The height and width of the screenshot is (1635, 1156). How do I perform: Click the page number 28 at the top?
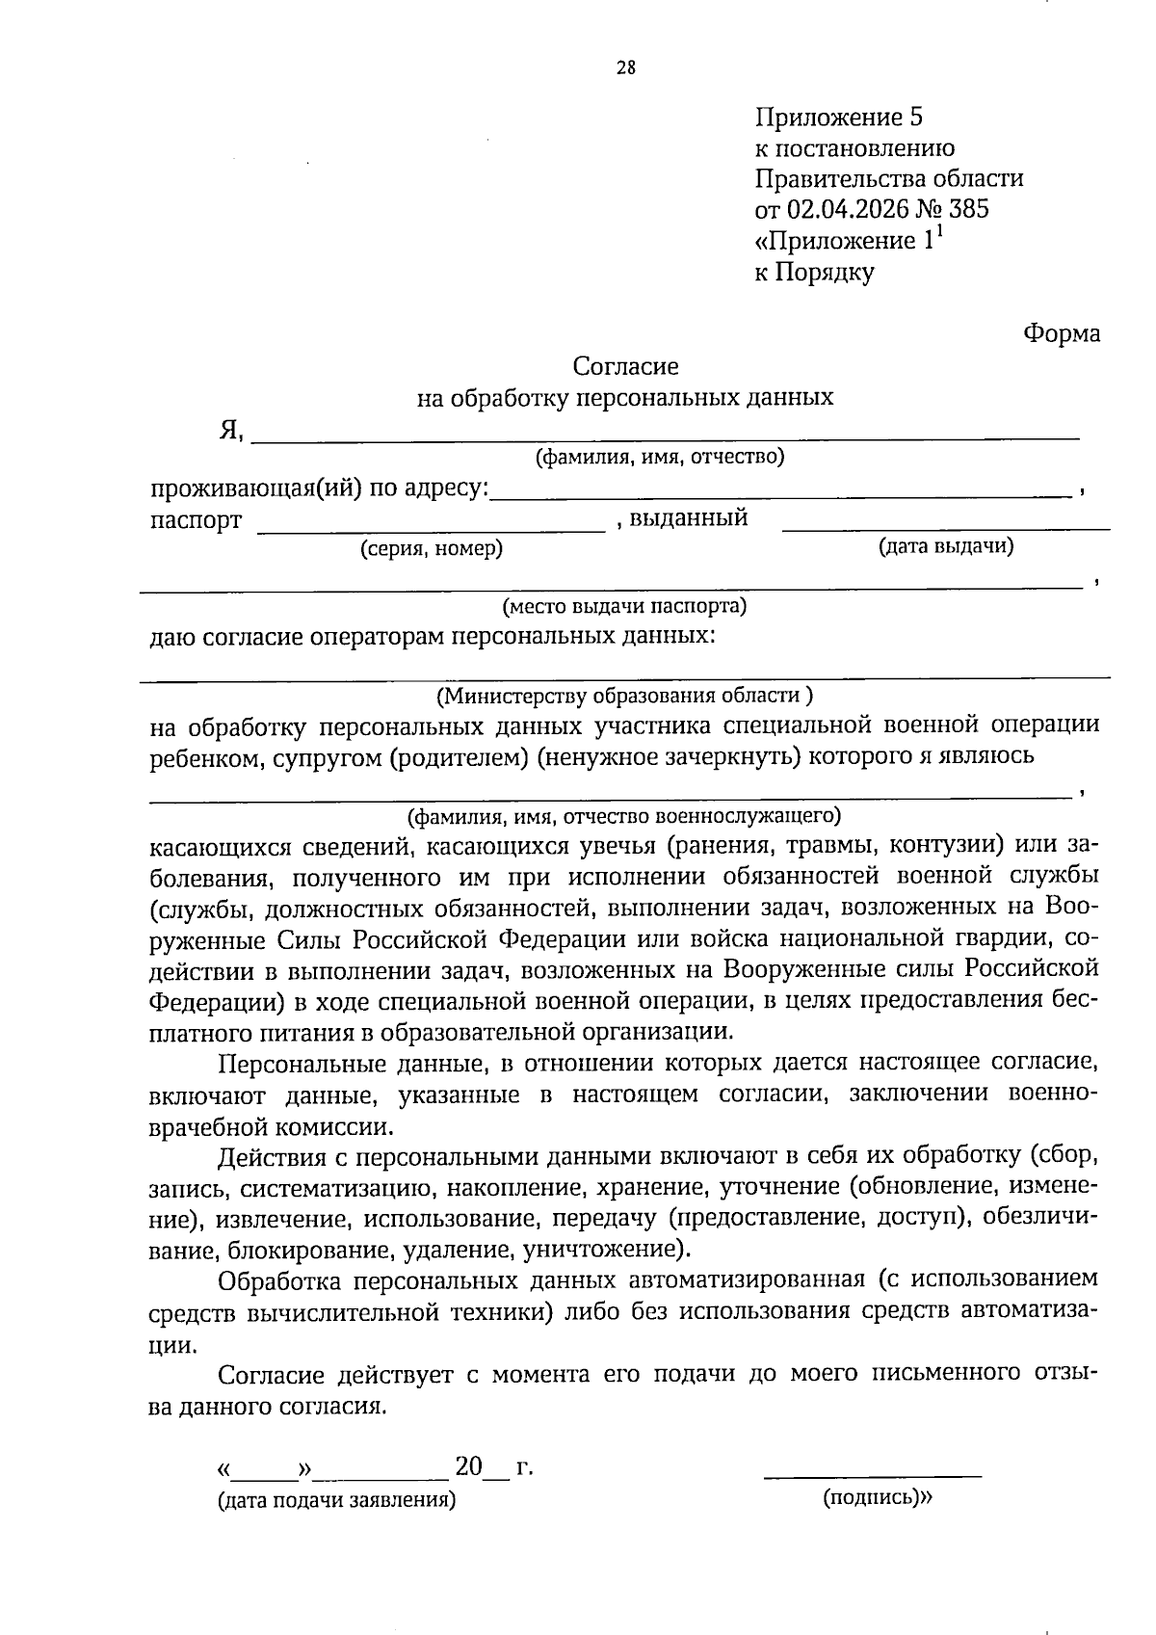tap(625, 67)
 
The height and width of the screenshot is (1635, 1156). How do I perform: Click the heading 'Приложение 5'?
tap(838, 118)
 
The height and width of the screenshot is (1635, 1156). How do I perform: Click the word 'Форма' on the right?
tap(1061, 333)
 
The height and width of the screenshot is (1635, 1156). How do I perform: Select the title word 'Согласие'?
tap(625, 366)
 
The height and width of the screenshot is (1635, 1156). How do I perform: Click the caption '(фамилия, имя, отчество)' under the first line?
tap(660, 457)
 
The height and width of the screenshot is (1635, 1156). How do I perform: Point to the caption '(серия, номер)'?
tap(432, 549)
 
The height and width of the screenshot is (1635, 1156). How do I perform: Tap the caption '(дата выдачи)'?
tap(945, 546)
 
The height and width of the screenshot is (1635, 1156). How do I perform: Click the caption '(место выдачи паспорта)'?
tap(624, 607)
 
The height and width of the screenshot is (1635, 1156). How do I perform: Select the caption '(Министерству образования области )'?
tap(624, 696)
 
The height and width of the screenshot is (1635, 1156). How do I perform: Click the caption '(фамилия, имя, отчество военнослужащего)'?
tap(624, 817)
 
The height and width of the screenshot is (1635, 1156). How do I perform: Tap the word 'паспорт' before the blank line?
tap(196, 521)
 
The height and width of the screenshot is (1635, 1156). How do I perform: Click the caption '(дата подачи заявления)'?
tap(336, 1500)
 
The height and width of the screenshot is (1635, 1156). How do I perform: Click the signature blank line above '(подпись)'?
tap(872, 1474)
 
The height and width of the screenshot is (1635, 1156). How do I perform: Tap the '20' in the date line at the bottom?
tap(468, 1467)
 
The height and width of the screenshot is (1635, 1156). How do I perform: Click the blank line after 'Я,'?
tap(665, 439)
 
